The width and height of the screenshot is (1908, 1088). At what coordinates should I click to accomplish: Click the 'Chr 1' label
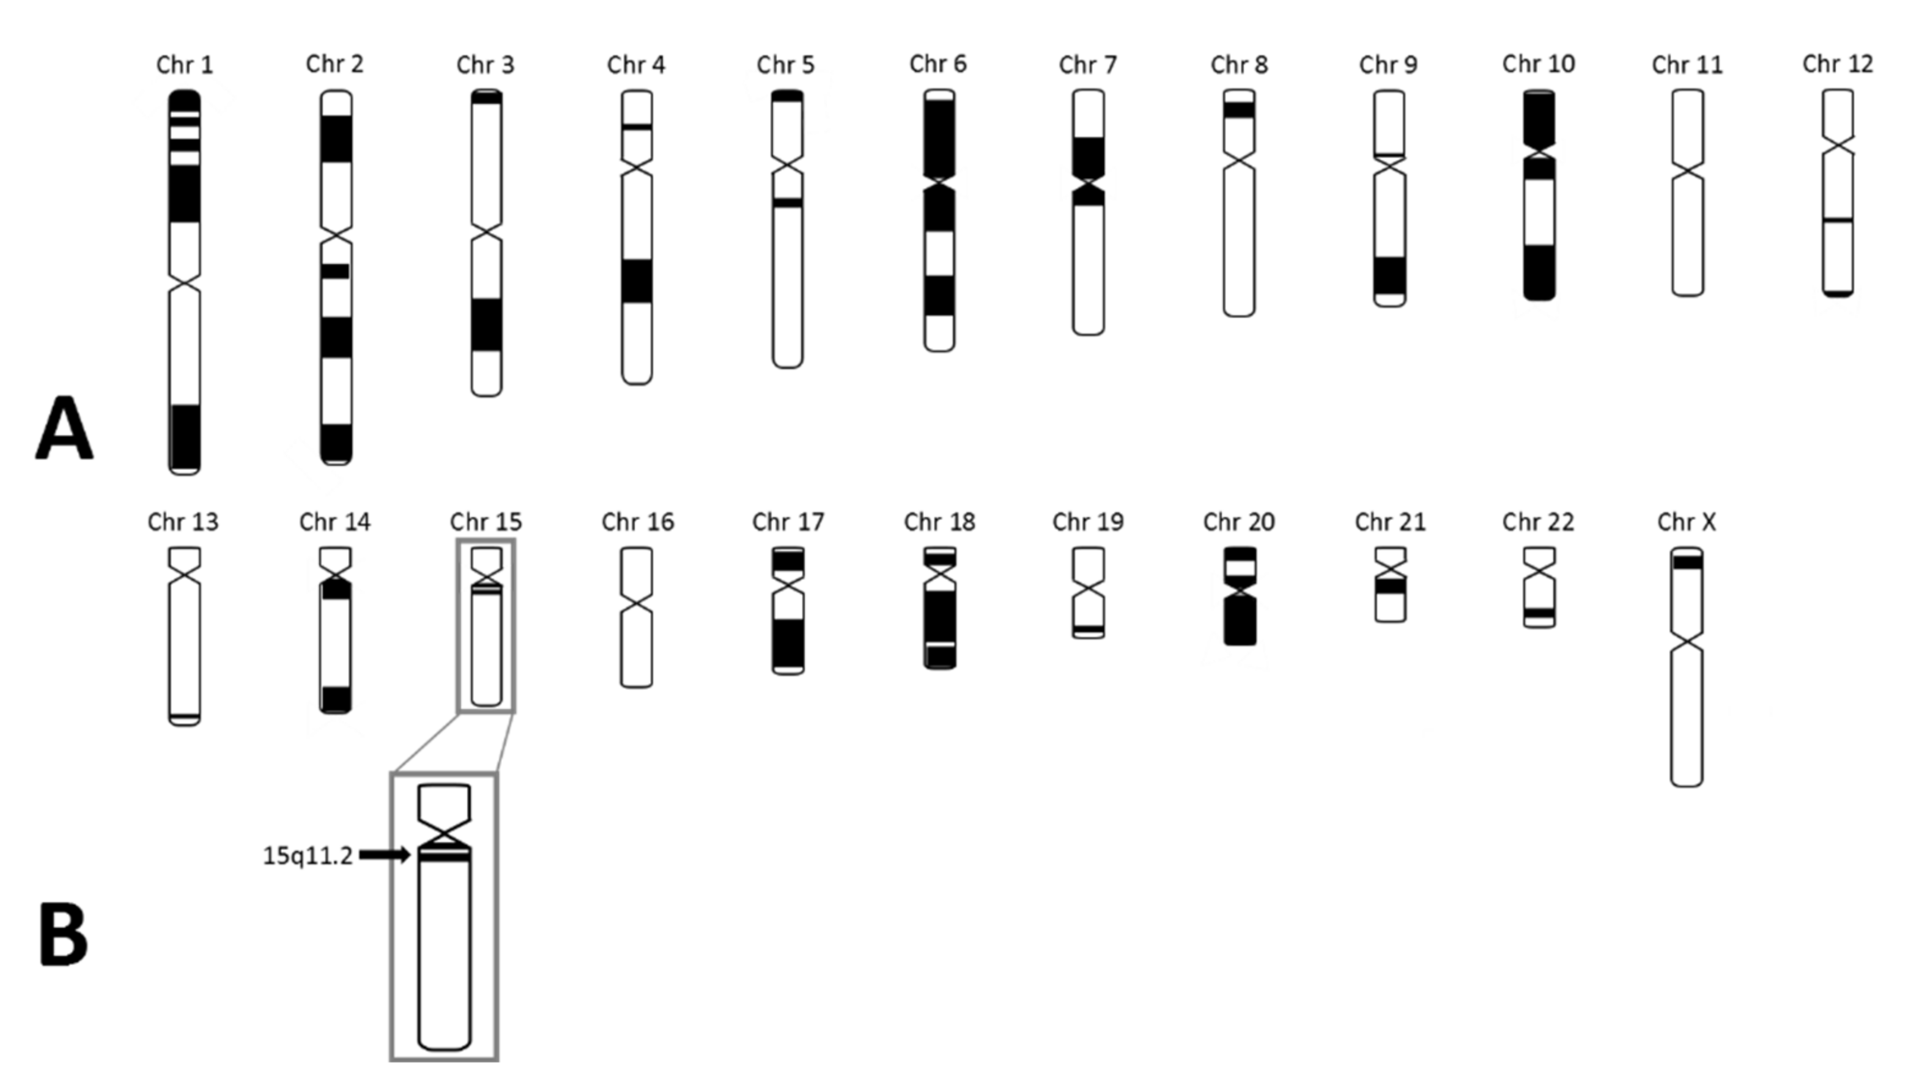[184, 65]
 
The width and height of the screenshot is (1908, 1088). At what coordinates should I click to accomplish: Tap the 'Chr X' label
[1686, 521]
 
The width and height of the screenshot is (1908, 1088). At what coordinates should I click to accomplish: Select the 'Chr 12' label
[1837, 64]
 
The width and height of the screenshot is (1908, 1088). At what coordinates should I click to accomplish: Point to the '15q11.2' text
[307, 856]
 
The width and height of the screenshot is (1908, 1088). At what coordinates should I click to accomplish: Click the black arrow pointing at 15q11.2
[384, 855]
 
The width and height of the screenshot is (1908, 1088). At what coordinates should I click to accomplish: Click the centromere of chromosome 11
[1687, 172]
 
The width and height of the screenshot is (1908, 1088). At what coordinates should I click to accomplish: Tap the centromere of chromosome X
[1686, 641]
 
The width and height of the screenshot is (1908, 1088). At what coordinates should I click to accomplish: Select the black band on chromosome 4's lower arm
[636, 281]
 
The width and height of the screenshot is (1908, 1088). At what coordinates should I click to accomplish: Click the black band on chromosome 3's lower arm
[486, 325]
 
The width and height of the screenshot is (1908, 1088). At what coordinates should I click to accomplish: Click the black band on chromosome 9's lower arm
[1389, 276]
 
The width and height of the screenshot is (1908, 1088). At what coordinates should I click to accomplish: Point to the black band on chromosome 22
[1539, 612]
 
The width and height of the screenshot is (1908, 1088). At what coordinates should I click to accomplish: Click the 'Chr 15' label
[486, 521]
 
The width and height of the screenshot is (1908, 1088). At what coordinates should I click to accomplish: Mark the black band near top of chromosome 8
[1239, 110]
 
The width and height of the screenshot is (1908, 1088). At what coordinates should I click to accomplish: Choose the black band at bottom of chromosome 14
[335, 698]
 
